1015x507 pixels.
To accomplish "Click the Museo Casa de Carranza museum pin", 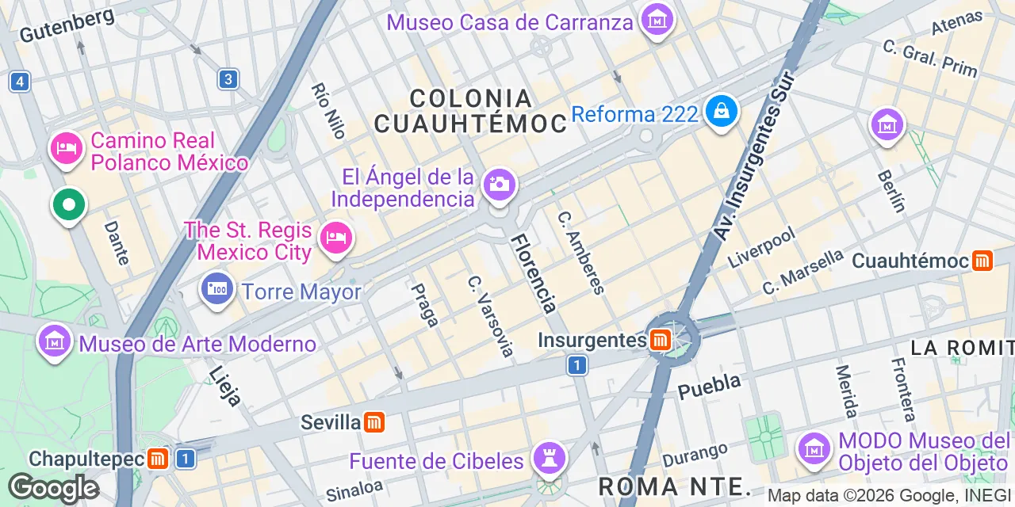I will click(x=657, y=20).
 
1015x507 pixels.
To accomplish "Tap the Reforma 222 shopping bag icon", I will click(x=722, y=112).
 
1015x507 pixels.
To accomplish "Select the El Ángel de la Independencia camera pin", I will click(x=499, y=186).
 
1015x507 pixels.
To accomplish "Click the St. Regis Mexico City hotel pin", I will click(x=336, y=238).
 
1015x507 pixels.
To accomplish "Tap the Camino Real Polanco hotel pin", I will click(x=67, y=148).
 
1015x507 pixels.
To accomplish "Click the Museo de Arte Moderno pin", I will click(x=55, y=342).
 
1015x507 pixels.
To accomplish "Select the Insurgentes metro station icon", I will click(x=659, y=341).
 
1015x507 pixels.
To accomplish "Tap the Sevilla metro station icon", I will click(x=374, y=422).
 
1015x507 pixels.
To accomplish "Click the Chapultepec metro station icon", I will click(x=158, y=459).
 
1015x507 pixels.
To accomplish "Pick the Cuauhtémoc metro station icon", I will click(x=983, y=261).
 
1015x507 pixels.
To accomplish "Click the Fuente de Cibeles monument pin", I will click(x=549, y=458).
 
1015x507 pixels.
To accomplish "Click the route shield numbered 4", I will click(x=20, y=81).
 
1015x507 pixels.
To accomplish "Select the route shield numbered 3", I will click(x=229, y=79).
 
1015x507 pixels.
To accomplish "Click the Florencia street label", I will click(x=534, y=273).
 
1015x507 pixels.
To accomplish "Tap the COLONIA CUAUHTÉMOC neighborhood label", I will click(x=471, y=111).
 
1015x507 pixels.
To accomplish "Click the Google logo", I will click(x=53, y=488).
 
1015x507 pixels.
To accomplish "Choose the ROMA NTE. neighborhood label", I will click(x=675, y=485).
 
